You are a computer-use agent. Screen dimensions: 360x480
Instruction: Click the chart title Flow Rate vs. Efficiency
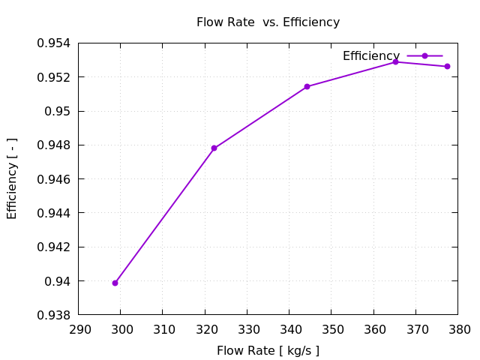pos(268,22)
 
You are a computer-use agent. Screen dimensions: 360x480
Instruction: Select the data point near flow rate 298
pos(115,283)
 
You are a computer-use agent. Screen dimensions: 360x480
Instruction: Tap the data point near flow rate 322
pos(214,148)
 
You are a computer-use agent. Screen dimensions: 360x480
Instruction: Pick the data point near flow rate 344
pos(307,86)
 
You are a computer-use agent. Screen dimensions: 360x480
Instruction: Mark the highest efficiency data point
pos(396,61)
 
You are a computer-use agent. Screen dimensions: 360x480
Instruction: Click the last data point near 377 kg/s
pos(447,66)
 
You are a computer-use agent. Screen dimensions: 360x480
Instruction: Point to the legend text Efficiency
pos(370,56)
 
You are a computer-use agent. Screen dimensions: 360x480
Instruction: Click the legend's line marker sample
pos(424,56)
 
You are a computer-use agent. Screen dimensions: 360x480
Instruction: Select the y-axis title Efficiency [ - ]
pos(12,178)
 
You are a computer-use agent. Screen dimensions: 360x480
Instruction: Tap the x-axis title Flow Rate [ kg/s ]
pos(268,350)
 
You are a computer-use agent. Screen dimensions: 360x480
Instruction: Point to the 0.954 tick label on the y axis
pos(53,43)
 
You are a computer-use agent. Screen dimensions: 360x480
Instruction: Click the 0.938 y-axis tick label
pos(53,315)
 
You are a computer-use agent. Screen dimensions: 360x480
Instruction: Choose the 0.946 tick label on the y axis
pos(53,179)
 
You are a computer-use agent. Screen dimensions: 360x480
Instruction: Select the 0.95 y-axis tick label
pos(57,111)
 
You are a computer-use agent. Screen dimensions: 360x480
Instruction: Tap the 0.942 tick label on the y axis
pos(53,247)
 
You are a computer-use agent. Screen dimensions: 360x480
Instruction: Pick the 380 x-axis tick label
pos(459,329)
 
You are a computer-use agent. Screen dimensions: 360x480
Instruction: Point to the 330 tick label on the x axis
pos(248,329)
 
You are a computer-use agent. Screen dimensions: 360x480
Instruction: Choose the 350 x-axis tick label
pos(332,329)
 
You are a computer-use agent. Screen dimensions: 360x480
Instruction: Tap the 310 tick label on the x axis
pos(163,329)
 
